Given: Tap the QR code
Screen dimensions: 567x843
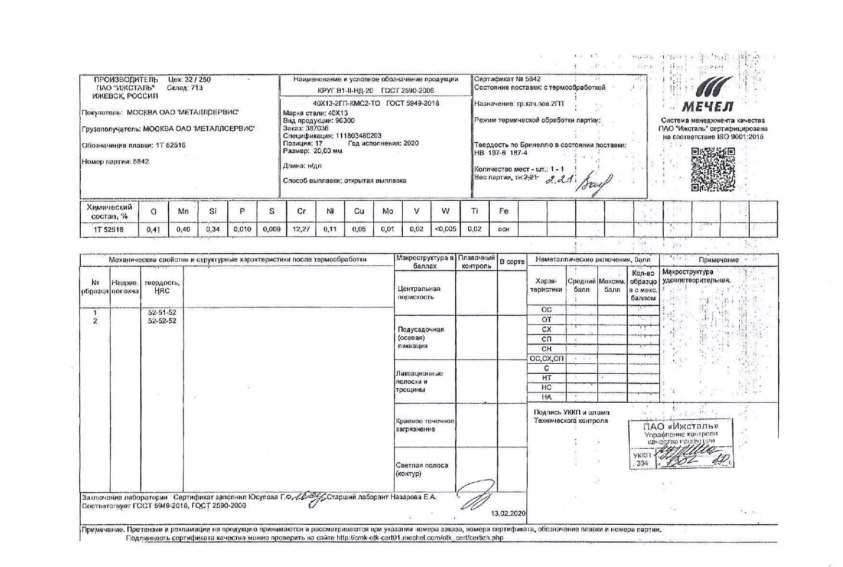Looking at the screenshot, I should click(713, 169).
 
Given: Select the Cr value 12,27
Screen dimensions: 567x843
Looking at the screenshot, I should click(301, 229).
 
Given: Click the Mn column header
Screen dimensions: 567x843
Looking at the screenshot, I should click(183, 211).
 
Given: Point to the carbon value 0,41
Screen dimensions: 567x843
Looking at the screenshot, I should click(153, 229).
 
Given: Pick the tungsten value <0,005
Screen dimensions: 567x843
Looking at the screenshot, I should click(446, 229).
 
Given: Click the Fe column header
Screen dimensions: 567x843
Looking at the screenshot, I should click(503, 211).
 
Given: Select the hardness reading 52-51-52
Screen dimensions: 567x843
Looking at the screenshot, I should click(162, 313).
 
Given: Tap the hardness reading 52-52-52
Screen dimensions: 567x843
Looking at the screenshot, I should click(162, 321).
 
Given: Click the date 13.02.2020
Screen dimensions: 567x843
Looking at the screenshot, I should click(508, 514).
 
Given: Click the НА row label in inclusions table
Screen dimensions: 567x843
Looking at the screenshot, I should click(546, 397).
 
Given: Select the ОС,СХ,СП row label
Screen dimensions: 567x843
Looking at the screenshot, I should click(546, 358).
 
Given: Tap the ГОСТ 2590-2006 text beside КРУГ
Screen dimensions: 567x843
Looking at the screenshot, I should click(407, 90).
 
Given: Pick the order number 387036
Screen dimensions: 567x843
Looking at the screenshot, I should click(317, 128).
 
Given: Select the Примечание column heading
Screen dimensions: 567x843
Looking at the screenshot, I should click(719, 260).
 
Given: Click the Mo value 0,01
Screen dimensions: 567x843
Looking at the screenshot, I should click(387, 229).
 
